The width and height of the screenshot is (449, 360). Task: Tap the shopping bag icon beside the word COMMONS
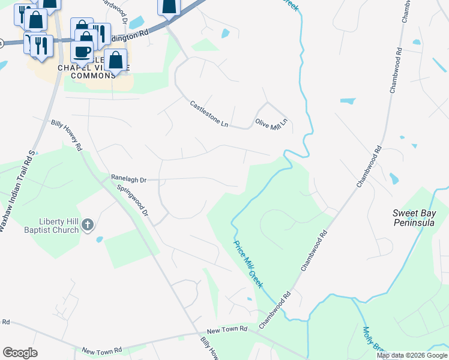pos(115,61)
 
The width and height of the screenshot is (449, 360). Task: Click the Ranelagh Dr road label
pos(128,178)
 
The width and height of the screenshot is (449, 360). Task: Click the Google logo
pos(20,352)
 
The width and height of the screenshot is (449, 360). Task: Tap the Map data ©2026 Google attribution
pos(412,355)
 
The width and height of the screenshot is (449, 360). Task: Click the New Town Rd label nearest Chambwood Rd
pos(227,329)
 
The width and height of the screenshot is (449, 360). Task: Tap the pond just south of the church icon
pos(99,239)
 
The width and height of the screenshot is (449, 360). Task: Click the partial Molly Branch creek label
pos(372,342)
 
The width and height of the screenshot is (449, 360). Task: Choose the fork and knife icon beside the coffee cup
pos(100,34)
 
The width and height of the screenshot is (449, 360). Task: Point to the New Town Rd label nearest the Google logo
pos(102,350)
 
